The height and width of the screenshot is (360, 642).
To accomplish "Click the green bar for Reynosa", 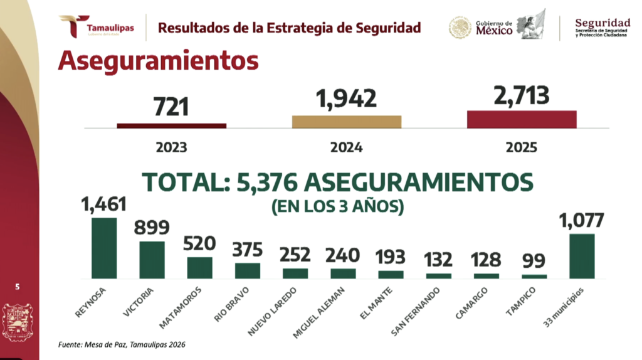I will pyautogui.click(x=104, y=248).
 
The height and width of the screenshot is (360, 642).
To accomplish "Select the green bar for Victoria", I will pyautogui.click(x=152, y=260).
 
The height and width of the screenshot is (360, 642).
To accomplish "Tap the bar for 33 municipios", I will pyautogui.click(x=582, y=256).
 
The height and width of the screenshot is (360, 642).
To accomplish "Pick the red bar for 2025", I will pyautogui.click(x=522, y=119).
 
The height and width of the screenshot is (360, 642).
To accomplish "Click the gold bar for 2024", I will pyautogui.click(x=347, y=121).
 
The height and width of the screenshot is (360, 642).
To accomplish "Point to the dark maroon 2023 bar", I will pyautogui.click(x=172, y=125).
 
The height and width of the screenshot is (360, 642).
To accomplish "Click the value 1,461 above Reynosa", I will pyautogui.click(x=104, y=204).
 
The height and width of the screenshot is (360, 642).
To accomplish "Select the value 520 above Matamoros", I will pyautogui.click(x=199, y=243).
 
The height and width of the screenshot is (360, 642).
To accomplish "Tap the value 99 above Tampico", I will pyautogui.click(x=534, y=261).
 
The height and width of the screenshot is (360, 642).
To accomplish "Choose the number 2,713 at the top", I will pyautogui.click(x=521, y=95).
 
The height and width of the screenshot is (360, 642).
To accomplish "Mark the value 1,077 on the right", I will pyautogui.click(x=582, y=221).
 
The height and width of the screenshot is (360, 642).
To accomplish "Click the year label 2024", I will pyautogui.click(x=347, y=148).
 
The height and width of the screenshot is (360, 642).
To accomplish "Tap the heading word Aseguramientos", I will pyautogui.click(x=158, y=61).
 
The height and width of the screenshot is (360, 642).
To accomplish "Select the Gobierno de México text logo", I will pyautogui.click(x=493, y=28).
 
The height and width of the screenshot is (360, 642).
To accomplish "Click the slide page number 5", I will pyautogui.click(x=18, y=287).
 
